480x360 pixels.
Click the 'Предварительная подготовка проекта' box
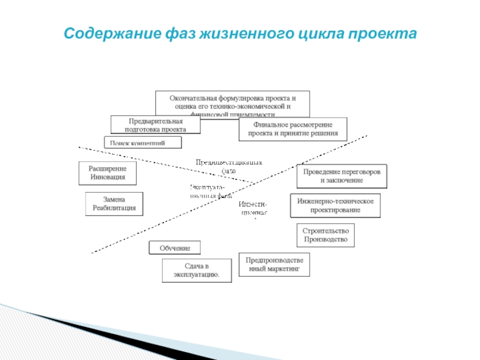pyautogui.click(x=155, y=125)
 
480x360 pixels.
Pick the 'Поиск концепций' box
pyautogui.click(x=142, y=143)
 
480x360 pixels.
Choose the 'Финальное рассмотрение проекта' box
pyautogui.click(x=293, y=128)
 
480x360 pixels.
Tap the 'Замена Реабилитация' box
pyautogui.click(x=114, y=204)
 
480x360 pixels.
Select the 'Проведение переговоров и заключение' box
pyautogui.click(x=341, y=176)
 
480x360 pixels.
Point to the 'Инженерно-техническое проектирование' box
pyautogui.click(x=335, y=205)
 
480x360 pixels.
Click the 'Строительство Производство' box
pyautogui.click(x=325, y=235)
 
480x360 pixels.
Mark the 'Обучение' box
pyautogui.click(x=175, y=248)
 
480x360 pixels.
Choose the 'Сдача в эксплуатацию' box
pyautogui.click(x=196, y=271)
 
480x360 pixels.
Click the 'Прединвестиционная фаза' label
pyautogui.click(x=229, y=166)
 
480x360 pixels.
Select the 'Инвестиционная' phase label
pyautogui.click(x=254, y=208)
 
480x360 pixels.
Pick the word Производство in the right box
pyautogui.click(x=325, y=239)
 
